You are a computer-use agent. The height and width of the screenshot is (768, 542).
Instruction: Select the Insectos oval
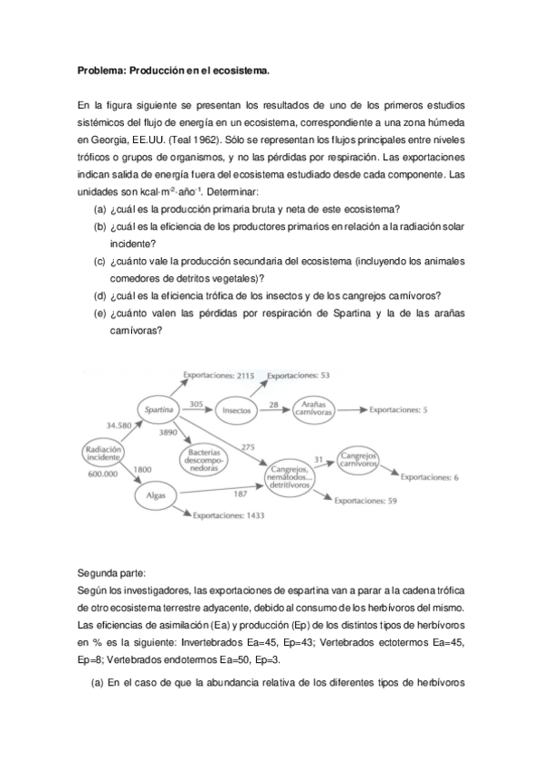tap(238, 409)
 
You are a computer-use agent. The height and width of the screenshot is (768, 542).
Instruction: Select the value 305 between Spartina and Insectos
tap(196, 403)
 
